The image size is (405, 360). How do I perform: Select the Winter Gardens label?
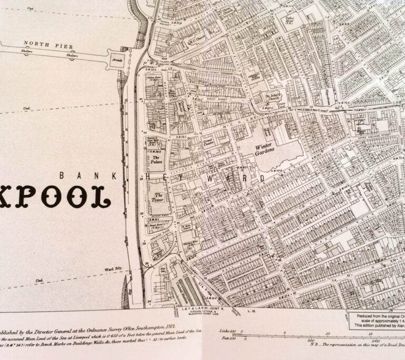click(x=265, y=148)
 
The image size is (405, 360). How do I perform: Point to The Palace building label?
click(x=156, y=158)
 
